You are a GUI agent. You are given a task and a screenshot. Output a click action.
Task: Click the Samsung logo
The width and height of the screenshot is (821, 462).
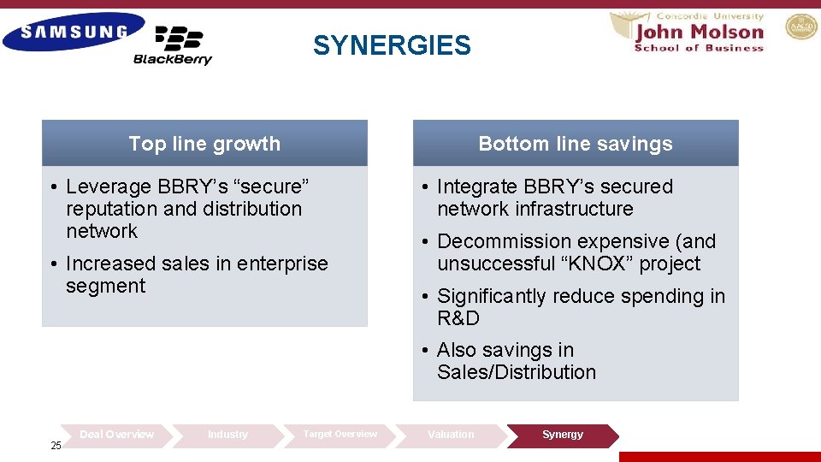tap(74, 33)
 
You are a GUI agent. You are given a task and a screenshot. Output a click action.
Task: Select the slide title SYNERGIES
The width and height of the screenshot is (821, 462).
tap(392, 45)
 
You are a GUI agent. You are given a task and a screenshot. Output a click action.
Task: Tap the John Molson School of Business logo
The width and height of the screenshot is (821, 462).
tap(698, 33)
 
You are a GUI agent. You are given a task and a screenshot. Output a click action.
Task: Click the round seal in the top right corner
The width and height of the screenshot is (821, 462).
tap(801, 27)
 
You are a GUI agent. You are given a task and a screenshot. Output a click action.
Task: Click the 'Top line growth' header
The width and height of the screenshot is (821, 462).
tap(204, 144)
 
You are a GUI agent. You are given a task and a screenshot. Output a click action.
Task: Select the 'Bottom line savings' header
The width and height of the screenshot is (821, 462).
tap(576, 144)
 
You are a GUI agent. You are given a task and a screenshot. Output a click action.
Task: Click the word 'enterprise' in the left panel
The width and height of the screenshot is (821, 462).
tap(281, 264)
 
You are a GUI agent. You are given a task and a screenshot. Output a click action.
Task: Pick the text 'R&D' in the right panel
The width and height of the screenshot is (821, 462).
tap(458, 318)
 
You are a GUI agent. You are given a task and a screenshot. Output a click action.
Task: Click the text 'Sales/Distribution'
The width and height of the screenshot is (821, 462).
tap(517, 372)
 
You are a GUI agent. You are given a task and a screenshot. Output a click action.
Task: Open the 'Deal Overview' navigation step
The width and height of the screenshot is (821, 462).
tap(116, 435)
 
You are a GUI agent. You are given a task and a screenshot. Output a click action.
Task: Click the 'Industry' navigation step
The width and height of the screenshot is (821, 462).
tap(227, 435)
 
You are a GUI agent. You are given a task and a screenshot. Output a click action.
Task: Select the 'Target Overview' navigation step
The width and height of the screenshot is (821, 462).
tap(340, 435)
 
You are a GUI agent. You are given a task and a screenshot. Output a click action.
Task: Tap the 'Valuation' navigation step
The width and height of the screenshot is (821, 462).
tap(451, 435)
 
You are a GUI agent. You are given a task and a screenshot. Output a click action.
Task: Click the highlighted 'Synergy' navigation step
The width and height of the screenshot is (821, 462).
tap(563, 435)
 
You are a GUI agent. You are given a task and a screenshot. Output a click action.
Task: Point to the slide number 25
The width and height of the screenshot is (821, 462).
tap(56, 446)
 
